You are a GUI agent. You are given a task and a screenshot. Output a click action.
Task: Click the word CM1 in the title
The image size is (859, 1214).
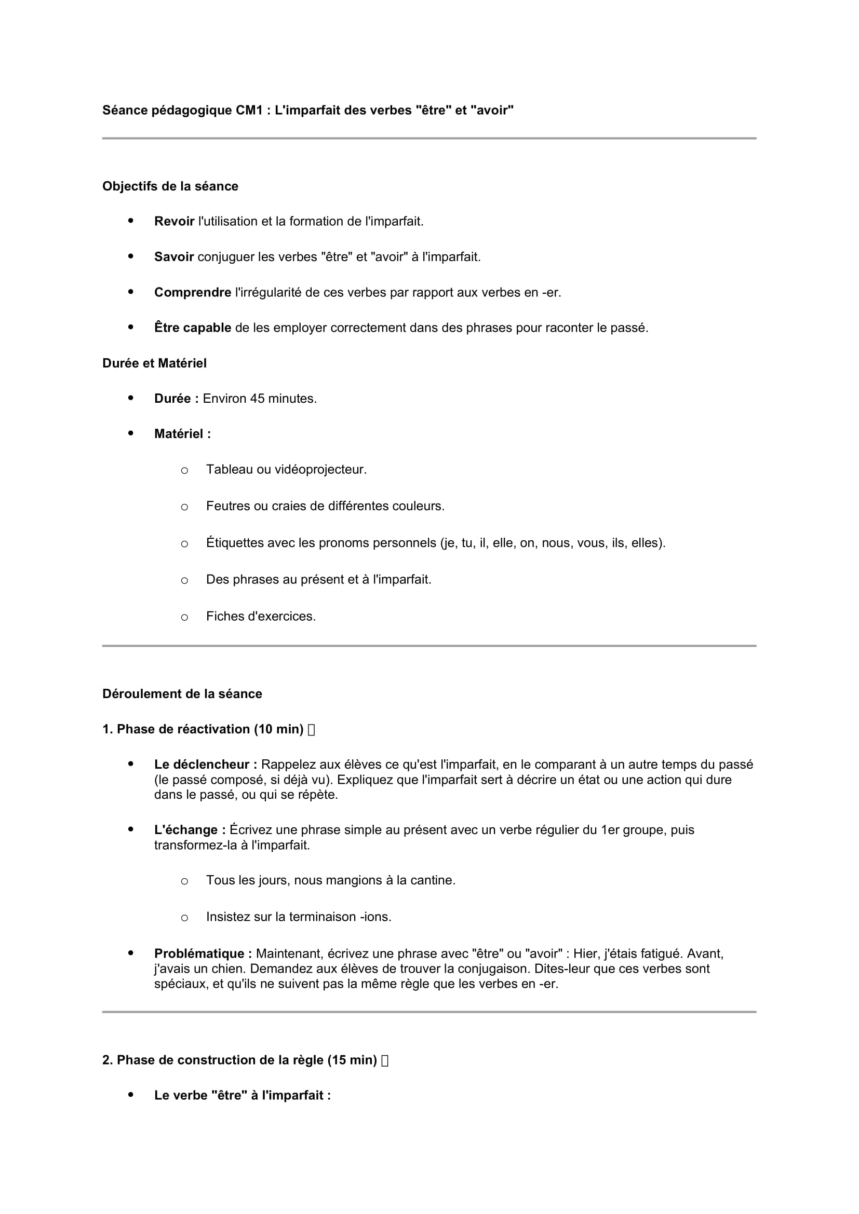249,110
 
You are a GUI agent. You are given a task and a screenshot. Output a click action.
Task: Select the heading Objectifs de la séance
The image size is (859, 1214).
170,186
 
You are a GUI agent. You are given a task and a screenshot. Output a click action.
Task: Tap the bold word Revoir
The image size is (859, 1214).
174,222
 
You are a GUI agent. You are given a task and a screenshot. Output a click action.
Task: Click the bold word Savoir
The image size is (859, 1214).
174,257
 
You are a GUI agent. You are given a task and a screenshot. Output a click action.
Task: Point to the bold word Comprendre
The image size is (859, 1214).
193,292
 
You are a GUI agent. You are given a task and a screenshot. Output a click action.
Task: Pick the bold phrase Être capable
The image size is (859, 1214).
193,328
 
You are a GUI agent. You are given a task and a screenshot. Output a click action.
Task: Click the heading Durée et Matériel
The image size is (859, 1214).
154,363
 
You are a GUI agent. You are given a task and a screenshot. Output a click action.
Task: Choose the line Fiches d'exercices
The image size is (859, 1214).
261,617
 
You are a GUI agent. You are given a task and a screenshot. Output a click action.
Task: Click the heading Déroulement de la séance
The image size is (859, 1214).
182,694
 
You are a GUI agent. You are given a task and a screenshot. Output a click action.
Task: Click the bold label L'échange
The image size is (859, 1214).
190,829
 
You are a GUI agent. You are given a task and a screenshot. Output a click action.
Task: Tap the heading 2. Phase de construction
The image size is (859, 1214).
239,1060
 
